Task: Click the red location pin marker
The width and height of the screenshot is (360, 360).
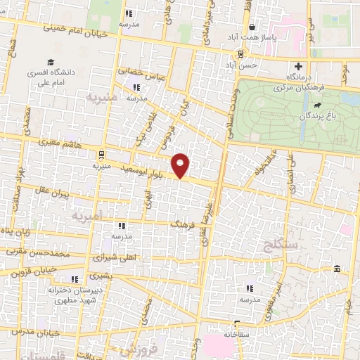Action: tap(181, 165)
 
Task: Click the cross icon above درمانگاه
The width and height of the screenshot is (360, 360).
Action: tap(298, 66)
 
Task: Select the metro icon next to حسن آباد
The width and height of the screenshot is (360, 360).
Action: tap(241, 54)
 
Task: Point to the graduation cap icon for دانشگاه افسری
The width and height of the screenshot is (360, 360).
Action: tap(49, 63)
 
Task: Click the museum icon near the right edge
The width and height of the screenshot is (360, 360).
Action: tap(337, 269)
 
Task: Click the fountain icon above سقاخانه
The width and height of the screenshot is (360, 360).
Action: tap(236, 325)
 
